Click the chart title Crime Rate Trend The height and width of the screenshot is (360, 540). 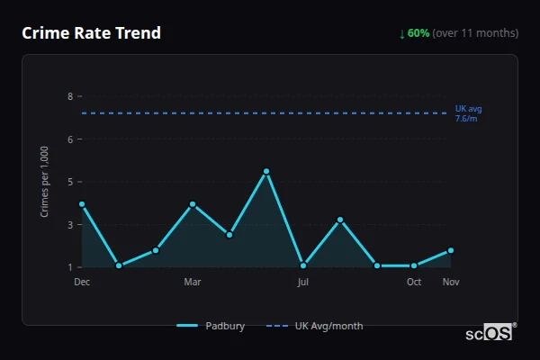(x=91, y=33)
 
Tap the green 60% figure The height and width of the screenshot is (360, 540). (x=418, y=33)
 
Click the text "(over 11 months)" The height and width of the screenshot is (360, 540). (x=475, y=33)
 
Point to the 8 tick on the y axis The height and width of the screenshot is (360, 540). (x=69, y=96)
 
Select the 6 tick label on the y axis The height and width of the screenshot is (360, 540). (x=69, y=139)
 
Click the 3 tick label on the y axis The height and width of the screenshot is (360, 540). (x=69, y=225)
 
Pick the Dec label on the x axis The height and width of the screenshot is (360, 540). (x=82, y=282)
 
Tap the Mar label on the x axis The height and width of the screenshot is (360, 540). (x=193, y=282)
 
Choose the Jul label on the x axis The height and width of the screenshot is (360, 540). (x=303, y=282)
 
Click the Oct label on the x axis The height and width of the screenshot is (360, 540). (x=414, y=282)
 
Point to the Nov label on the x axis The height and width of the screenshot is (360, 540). (x=451, y=282)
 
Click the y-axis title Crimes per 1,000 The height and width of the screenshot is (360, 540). (x=45, y=181)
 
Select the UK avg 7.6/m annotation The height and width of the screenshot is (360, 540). (x=468, y=113)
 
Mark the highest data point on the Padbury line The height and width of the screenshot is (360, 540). (x=266, y=171)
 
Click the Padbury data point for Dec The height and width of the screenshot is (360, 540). (x=82, y=204)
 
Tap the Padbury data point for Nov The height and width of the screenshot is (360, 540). (x=451, y=250)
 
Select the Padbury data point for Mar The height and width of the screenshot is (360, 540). (x=193, y=204)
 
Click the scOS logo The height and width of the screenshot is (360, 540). (x=490, y=333)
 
